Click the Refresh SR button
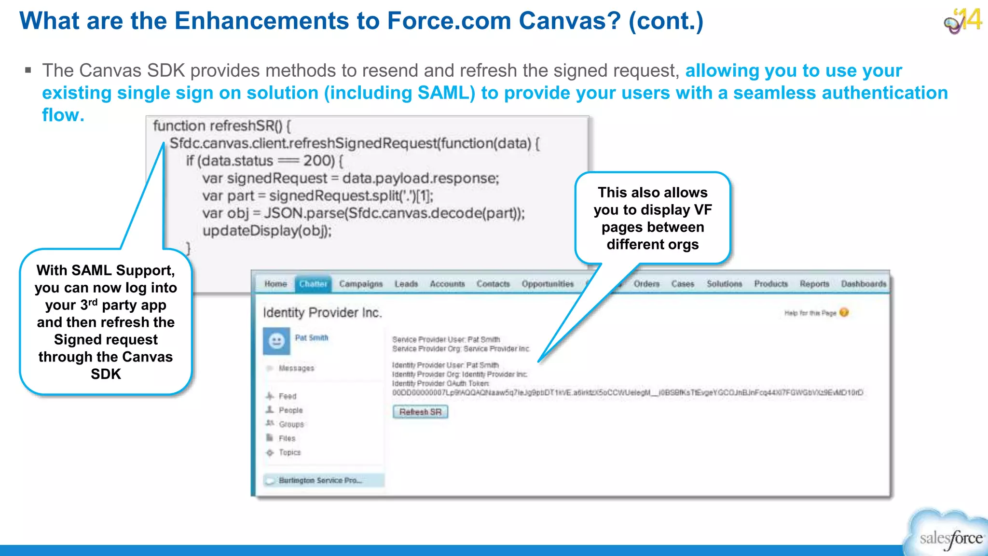[x=420, y=412]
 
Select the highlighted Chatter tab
[x=313, y=284]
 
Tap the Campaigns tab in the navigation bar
[x=360, y=284]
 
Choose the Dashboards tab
[x=864, y=284]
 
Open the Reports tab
[x=814, y=284]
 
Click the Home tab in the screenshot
[x=275, y=284]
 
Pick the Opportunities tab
[x=548, y=284]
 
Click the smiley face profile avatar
[x=276, y=341]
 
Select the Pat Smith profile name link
[x=312, y=338]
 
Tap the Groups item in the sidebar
[x=291, y=424]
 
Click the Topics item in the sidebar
[x=289, y=452]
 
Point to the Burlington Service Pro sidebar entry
[x=320, y=480]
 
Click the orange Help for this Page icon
[x=844, y=313]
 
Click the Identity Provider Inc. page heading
[x=322, y=313]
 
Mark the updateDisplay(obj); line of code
[x=267, y=231]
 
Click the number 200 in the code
[x=318, y=161]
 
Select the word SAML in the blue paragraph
[x=443, y=93]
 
